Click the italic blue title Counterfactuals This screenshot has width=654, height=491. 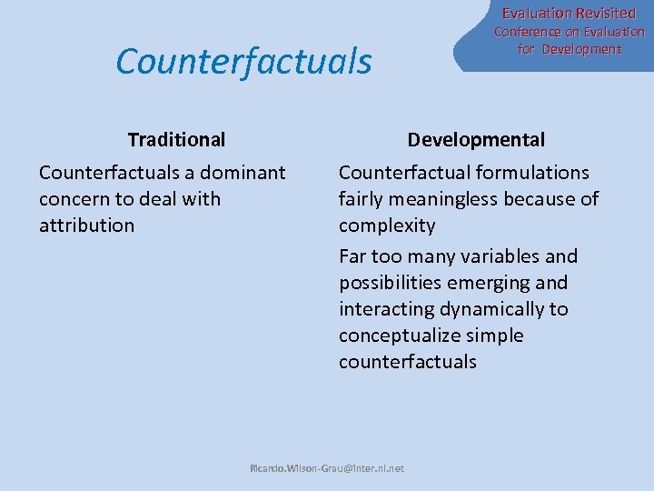click(x=243, y=62)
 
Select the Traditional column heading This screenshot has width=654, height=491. click(x=176, y=140)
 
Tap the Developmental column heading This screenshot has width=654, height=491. click(x=476, y=140)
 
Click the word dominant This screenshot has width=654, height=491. click(x=243, y=173)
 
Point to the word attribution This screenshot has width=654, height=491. click(x=86, y=225)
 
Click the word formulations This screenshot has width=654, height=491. click(x=531, y=173)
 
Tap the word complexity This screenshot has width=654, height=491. click(x=387, y=225)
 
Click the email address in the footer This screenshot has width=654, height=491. click(x=327, y=469)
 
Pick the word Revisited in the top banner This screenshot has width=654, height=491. click(x=602, y=14)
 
